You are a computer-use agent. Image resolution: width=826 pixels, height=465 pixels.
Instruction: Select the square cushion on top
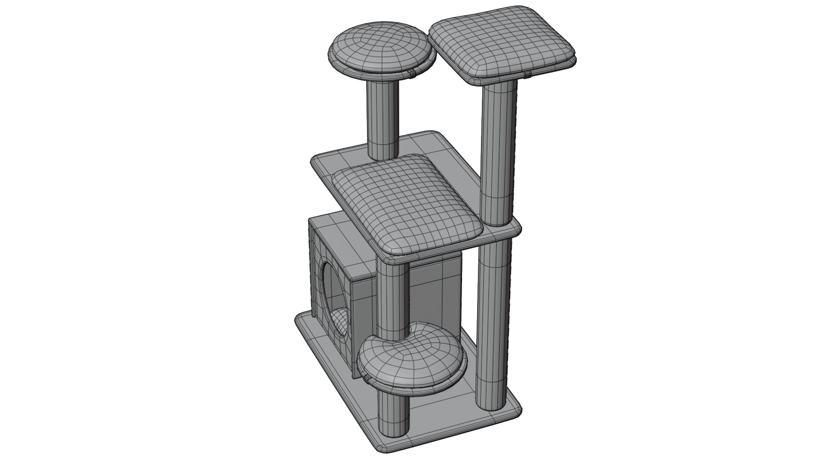coord(501,43)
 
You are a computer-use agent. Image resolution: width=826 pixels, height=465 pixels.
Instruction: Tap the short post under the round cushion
coord(382,121)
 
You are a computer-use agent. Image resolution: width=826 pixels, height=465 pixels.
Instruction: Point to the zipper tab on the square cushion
coord(527,75)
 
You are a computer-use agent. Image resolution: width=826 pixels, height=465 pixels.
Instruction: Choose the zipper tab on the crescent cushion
coord(367,379)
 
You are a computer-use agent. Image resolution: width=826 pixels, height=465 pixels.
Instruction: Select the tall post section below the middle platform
coord(493,319)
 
